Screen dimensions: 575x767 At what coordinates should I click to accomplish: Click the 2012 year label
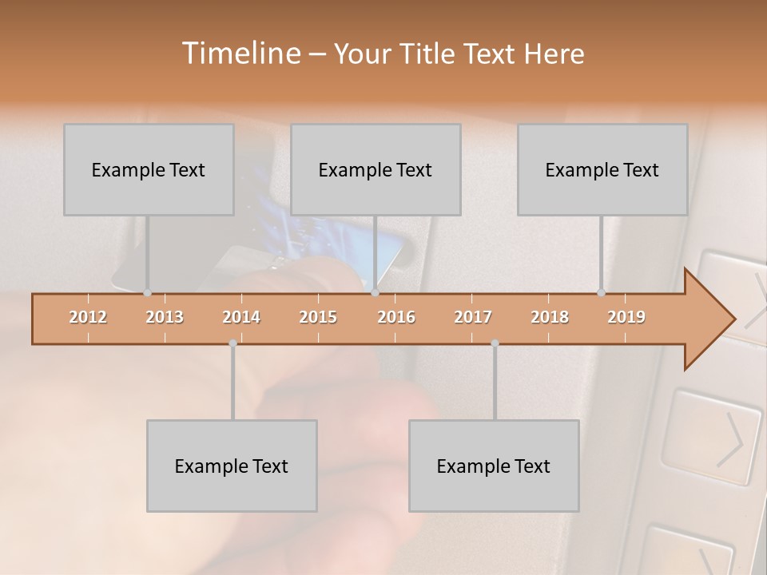click(88, 317)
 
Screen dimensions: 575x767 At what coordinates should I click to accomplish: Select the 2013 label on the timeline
click(165, 317)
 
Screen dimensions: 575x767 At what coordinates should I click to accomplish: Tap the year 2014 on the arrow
click(241, 317)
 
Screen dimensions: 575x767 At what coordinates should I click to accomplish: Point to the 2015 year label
click(318, 317)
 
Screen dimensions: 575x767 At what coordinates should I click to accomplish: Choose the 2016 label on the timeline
click(396, 317)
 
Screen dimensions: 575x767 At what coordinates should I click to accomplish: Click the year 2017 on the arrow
click(473, 317)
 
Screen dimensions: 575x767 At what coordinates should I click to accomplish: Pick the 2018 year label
click(550, 317)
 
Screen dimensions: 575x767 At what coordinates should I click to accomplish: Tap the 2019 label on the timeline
click(626, 317)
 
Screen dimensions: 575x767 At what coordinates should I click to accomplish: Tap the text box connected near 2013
click(149, 169)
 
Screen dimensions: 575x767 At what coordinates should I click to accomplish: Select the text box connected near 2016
click(376, 169)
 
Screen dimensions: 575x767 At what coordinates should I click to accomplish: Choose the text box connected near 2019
click(602, 169)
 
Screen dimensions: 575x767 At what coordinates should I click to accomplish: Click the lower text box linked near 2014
click(232, 466)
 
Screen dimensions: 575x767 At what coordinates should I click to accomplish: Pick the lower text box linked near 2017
click(494, 466)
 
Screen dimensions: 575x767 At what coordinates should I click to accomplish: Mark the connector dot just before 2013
click(147, 293)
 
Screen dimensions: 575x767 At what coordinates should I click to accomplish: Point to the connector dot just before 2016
click(375, 293)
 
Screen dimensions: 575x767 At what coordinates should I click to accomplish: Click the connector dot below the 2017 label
click(495, 343)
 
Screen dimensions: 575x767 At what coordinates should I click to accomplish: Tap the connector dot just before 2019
click(601, 293)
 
